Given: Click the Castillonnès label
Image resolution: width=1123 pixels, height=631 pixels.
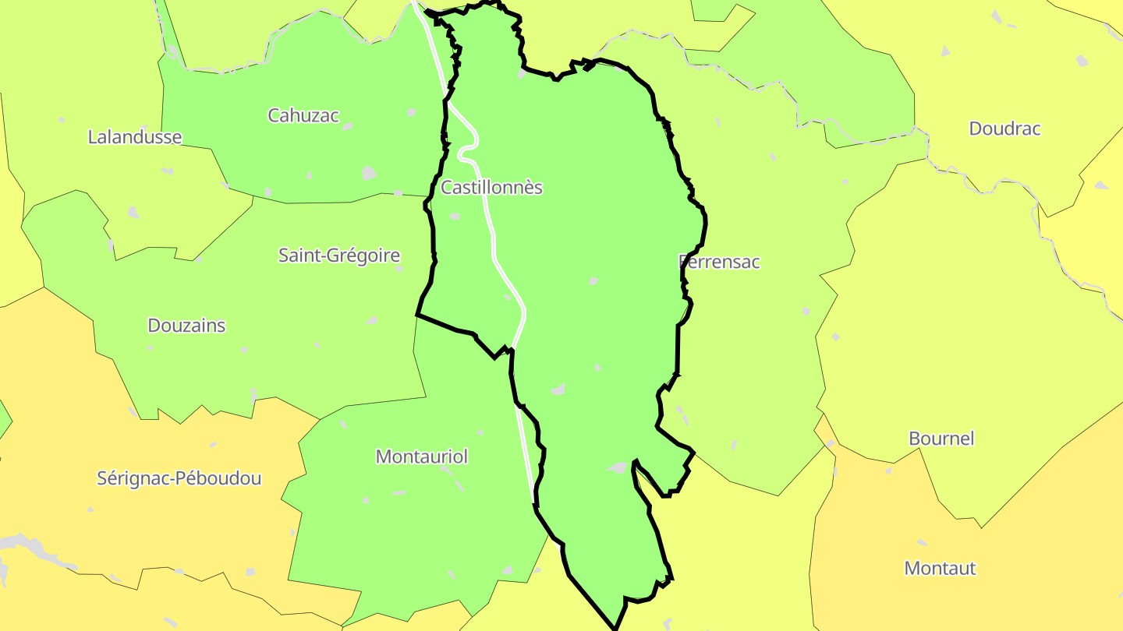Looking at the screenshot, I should (491, 188).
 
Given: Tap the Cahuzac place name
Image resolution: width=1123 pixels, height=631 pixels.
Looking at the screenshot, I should (303, 116).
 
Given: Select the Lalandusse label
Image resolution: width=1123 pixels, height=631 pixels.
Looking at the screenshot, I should (134, 138).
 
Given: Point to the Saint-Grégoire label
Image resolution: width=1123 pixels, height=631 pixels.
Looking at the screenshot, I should (339, 256).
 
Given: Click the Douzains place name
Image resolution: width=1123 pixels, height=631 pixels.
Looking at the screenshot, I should (186, 326).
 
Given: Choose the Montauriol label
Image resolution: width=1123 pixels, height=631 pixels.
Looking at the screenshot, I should (422, 457).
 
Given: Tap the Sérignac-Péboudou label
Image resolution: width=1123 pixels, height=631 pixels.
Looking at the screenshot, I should (179, 478).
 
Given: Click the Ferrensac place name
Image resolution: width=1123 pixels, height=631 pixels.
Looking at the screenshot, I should (720, 262).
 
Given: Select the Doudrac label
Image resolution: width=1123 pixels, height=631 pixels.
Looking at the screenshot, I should (1004, 129).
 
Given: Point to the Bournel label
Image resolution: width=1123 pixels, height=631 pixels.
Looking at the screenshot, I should (941, 439).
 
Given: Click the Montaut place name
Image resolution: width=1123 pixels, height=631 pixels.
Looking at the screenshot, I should (940, 569).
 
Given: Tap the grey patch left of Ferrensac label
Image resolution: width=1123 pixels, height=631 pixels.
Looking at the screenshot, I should (593, 280).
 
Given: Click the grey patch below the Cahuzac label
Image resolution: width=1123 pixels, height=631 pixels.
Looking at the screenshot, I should (369, 173).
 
